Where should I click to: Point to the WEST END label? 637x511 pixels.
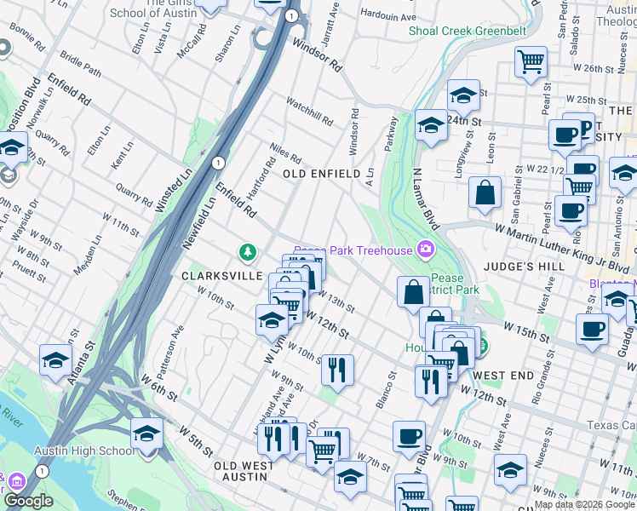503,376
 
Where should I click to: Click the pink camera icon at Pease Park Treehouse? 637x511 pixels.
424,250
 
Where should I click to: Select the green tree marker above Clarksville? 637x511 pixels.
247,252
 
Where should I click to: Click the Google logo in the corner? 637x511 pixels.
28,501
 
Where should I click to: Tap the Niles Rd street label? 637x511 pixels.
285,154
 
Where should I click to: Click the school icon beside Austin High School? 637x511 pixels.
146,433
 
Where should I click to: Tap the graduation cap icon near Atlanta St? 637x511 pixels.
55,359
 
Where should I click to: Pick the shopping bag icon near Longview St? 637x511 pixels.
485,192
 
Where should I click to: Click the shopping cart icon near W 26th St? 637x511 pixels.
531,61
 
